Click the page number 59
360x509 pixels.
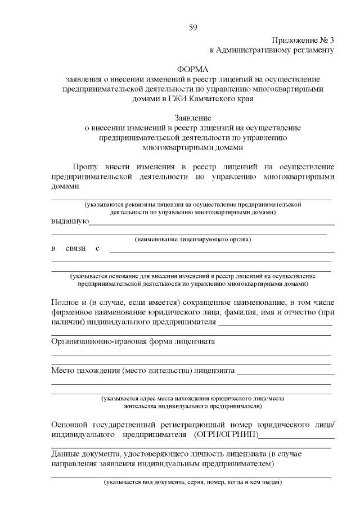click(x=193, y=28)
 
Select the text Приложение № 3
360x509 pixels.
click(x=303, y=40)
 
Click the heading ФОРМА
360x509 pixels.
click(x=193, y=69)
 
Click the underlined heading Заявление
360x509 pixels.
click(x=193, y=118)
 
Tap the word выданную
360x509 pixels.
click(x=69, y=221)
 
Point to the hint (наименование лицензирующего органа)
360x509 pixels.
click(x=192, y=240)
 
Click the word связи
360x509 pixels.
click(x=75, y=248)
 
